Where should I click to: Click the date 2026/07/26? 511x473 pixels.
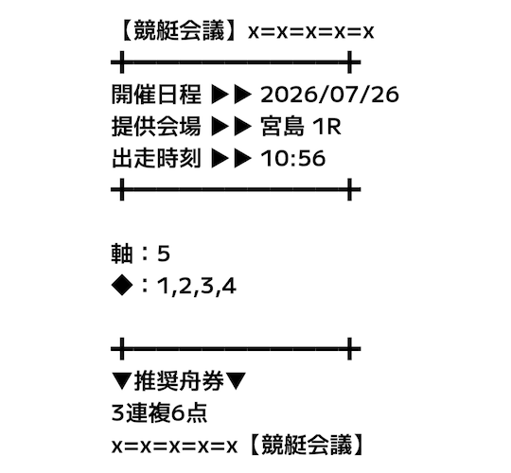pos(329,95)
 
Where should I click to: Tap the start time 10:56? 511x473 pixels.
pos(293,159)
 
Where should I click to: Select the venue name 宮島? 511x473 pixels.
pos(283,127)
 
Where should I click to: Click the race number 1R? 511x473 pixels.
pos(326,127)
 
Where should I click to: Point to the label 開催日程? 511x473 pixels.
pos(156,95)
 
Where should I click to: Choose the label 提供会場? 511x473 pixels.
pos(156,127)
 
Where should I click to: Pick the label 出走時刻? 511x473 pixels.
pos(156,159)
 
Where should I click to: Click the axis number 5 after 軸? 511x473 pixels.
pos(164,254)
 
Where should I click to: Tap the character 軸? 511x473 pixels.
pos(122,254)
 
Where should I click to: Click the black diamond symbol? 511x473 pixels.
pos(122,286)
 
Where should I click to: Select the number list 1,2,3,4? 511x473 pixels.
pos(197,287)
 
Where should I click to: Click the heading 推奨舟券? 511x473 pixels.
pos(179,381)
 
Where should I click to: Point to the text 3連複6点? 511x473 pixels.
pos(159,413)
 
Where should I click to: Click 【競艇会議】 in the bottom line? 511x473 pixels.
pos(307,446)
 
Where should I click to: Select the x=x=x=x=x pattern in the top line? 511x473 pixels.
pos(311,32)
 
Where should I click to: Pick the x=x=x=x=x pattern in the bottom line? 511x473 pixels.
pos(174,447)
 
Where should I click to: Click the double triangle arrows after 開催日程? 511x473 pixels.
pos(232,95)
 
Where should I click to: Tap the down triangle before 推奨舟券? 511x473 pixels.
pos(122,381)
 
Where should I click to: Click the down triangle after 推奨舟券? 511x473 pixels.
pos(236,381)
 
